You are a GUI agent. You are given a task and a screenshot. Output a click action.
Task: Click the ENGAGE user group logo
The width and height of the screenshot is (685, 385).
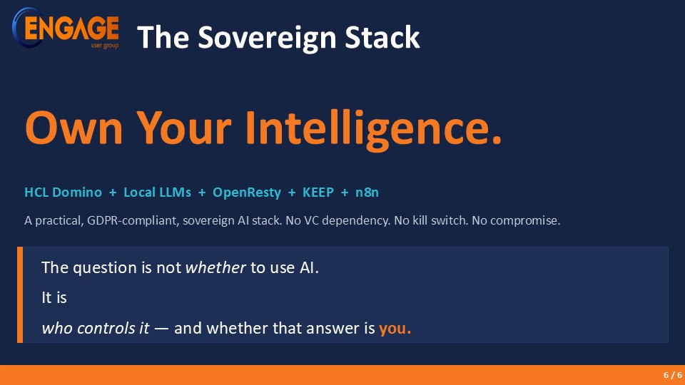click(66, 28)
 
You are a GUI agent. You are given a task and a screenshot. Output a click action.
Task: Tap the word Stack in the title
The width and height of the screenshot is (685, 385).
click(382, 37)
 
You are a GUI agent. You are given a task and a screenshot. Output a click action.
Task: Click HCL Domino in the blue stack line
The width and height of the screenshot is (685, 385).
click(63, 192)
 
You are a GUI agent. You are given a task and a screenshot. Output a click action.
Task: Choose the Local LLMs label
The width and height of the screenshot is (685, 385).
click(157, 192)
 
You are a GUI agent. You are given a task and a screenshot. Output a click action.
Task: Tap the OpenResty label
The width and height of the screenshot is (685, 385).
click(247, 193)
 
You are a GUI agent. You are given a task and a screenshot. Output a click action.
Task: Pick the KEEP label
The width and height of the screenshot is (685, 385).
click(318, 192)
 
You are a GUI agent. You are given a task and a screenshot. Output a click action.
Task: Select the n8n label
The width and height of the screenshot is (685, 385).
click(367, 192)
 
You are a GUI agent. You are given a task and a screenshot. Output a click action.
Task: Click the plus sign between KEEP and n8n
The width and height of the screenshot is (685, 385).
click(345, 192)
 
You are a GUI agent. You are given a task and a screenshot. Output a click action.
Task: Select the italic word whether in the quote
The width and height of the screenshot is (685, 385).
click(215, 267)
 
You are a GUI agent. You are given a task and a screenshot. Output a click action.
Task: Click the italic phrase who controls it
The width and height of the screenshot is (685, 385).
click(96, 328)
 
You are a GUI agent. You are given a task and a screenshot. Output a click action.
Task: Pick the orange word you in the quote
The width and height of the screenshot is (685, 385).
click(395, 329)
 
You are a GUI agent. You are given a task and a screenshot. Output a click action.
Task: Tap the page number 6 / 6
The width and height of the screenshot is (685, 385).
click(673, 375)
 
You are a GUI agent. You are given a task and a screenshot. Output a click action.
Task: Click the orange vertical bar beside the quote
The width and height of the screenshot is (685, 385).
click(20, 294)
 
